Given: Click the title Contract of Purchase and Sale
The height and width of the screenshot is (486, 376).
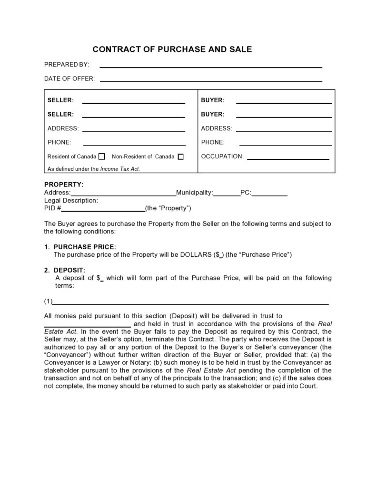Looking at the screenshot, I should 172,49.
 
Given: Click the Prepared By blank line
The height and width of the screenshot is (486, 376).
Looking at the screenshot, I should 210,67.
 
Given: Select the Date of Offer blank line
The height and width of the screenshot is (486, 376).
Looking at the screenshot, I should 211,81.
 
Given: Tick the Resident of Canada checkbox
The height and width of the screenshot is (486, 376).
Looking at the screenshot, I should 101,156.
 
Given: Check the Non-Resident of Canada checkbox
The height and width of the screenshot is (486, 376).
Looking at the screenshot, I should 180,156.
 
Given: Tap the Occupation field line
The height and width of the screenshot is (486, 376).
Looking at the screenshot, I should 288,159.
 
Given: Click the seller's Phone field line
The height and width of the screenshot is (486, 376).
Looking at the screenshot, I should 134,145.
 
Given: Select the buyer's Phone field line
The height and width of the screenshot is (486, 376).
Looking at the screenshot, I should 286,145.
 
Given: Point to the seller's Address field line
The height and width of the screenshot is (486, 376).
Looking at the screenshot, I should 134,130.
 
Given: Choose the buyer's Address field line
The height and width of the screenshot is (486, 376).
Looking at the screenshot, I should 284,130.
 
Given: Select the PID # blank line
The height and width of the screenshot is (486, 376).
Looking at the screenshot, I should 103,210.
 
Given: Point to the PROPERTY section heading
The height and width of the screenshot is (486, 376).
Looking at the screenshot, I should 64,185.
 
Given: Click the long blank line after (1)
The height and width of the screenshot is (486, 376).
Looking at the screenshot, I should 190,303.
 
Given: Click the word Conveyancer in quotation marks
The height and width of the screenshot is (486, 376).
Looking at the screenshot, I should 66,355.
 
